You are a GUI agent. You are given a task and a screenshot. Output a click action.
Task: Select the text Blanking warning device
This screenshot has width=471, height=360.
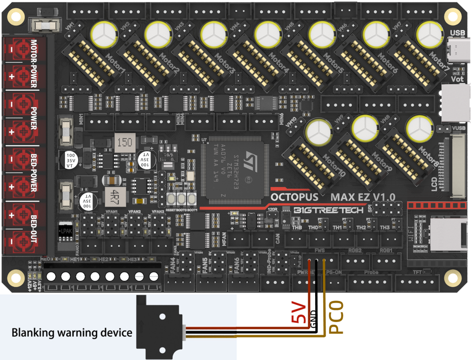click(72, 333)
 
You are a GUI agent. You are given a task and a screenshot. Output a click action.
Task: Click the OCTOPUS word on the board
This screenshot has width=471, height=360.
click(298, 196)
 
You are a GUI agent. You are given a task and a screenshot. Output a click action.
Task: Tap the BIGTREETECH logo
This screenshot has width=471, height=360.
click(328, 211)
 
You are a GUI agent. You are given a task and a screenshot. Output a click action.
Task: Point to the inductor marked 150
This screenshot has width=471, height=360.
click(124, 142)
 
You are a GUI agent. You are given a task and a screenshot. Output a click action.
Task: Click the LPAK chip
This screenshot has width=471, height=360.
click(66, 231)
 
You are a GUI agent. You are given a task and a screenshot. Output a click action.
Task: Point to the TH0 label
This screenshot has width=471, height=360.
click(313, 228)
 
